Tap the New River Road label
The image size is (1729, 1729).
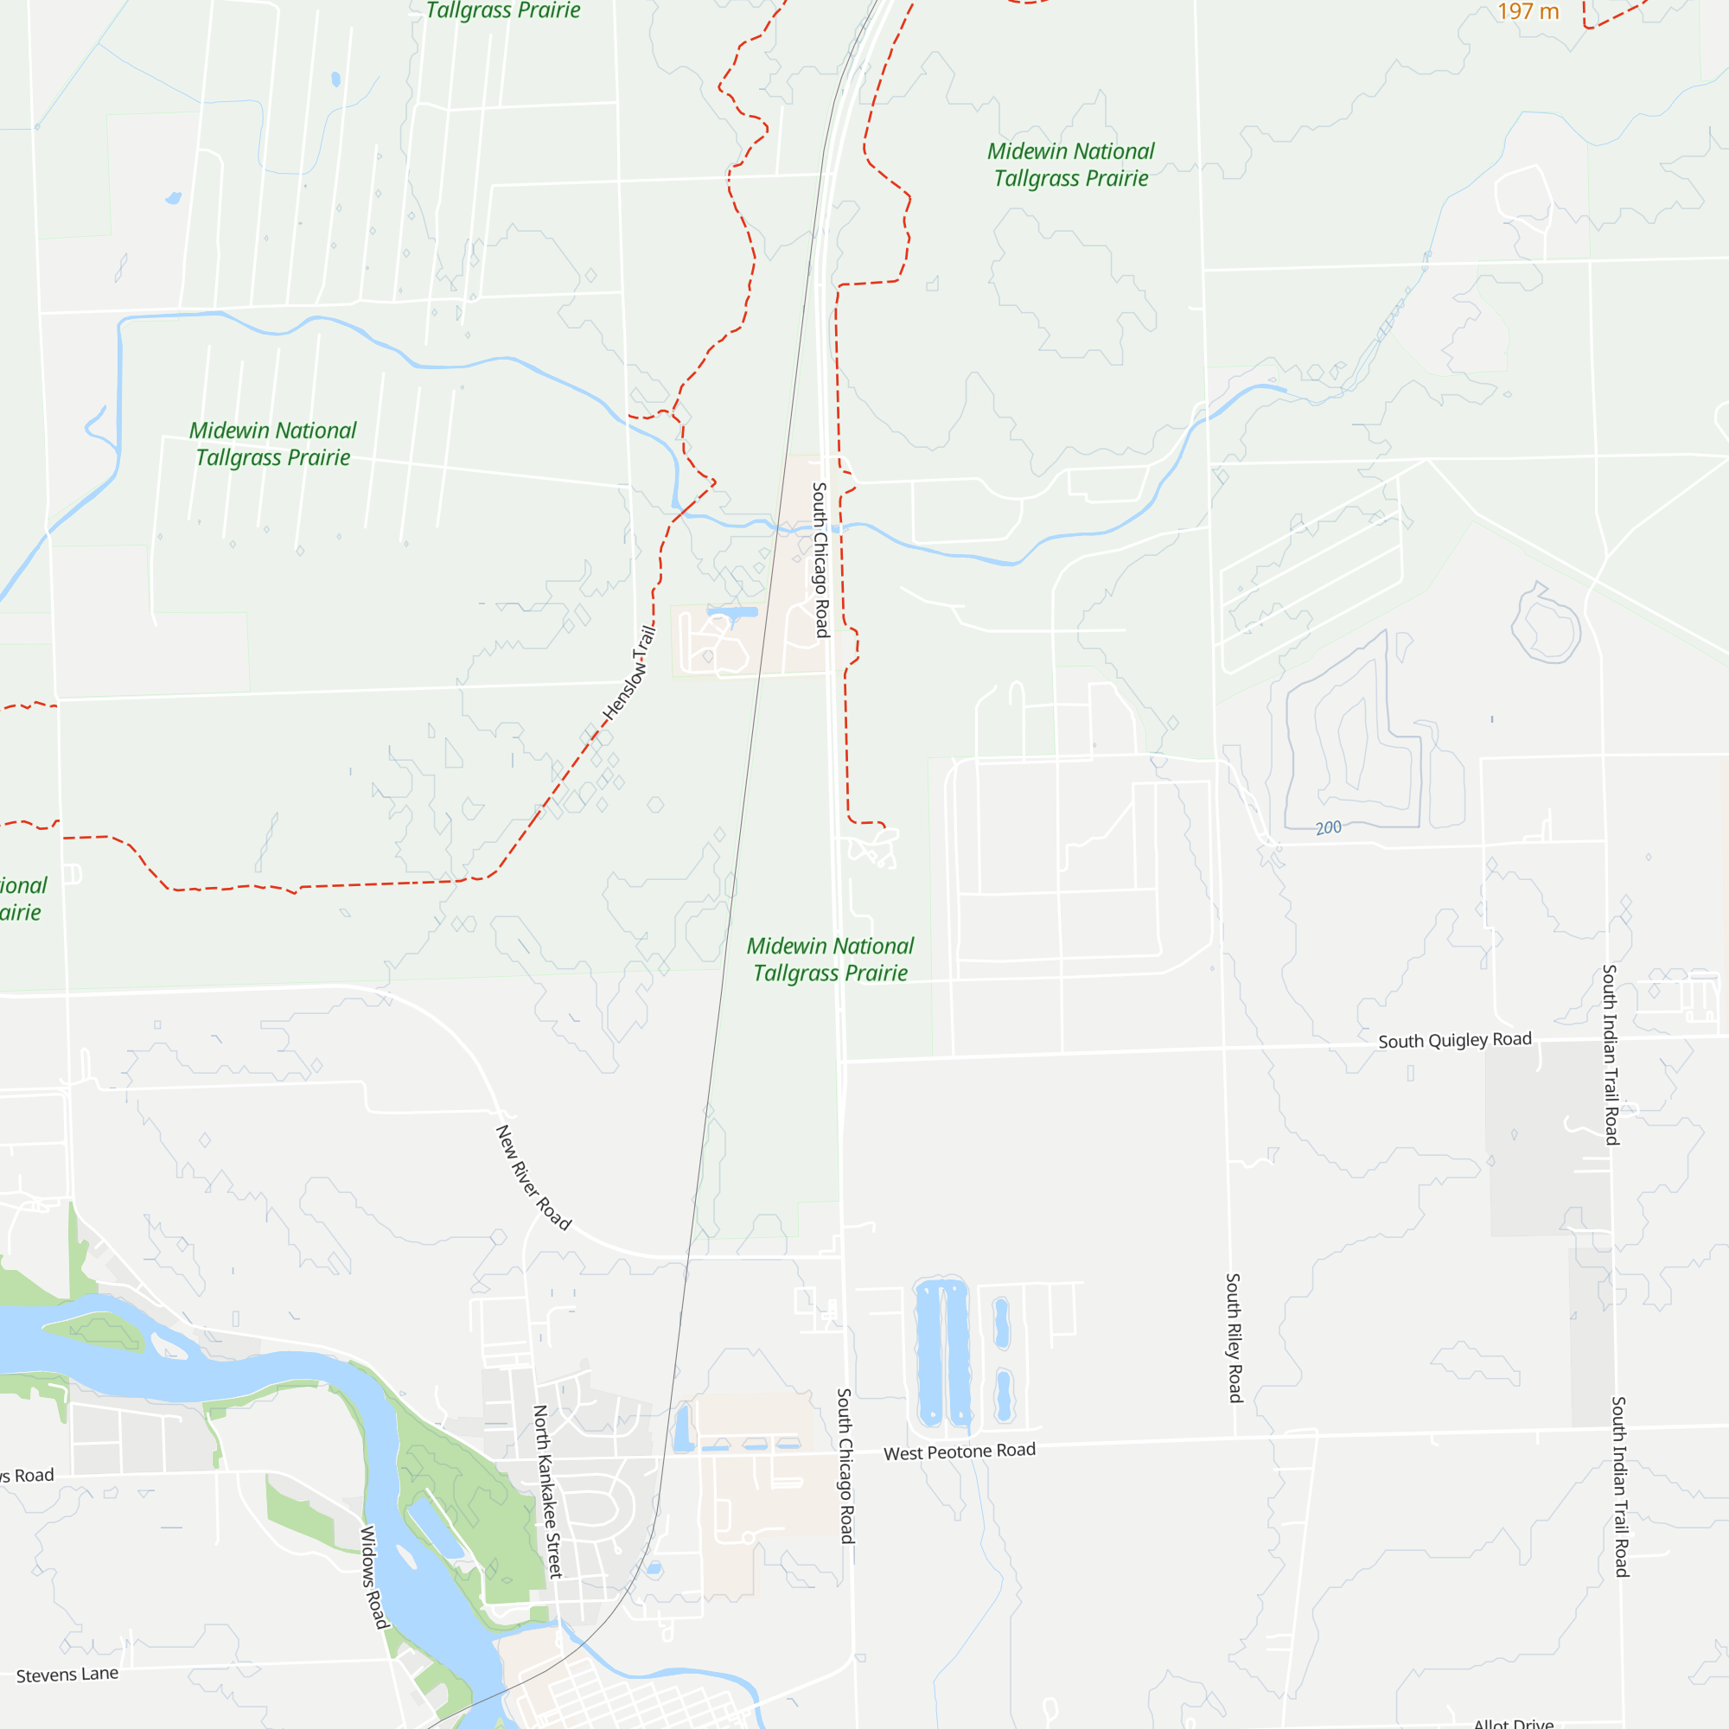(x=533, y=1177)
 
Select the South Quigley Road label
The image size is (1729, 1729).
(x=1454, y=1040)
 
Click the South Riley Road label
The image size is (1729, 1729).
(x=1235, y=1338)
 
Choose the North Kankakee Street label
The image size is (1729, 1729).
(x=548, y=1491)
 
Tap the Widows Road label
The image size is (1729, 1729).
(x=375, y=1577)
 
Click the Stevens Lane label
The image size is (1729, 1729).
(x=67, y=1675)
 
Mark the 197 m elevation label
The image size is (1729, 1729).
(x=1528, y=11)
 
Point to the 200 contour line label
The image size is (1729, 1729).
(x=1328, y=828)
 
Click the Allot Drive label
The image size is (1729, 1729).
(x=1514, y=1723)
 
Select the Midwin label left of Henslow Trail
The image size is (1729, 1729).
(x=273, y=443)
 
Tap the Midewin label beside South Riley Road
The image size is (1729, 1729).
(x=1071, y=164)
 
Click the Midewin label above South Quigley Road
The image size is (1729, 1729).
(x=831, y=960)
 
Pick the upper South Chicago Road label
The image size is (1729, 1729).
(x=820, y=559)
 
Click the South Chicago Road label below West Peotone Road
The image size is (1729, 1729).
(x=845, y=1466)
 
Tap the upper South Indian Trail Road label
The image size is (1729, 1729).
(x=1611, y=1054)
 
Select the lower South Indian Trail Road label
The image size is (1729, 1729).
(x=1620, y=1486)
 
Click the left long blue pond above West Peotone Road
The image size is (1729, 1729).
(x=929, y=1352)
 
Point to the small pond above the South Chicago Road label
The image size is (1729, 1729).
(x=732, y=612)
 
